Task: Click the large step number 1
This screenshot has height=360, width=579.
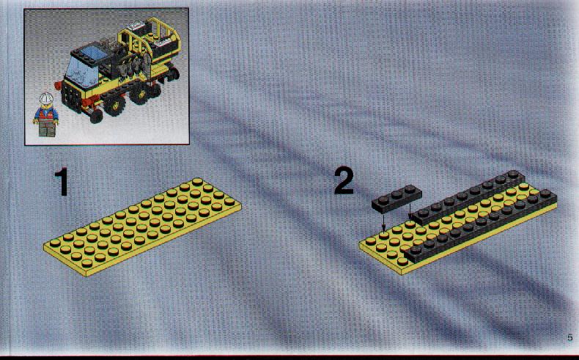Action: (x=62, y=181)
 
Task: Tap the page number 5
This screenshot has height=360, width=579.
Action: (x=569, y=337)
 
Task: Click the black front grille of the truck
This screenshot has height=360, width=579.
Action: (x=72, y=97)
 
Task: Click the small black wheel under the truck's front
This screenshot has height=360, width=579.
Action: (x=96, y=117)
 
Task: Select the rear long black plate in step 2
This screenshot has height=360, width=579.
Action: (x=467, y=198)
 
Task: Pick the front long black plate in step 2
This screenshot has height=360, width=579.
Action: (x=481, y=226)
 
